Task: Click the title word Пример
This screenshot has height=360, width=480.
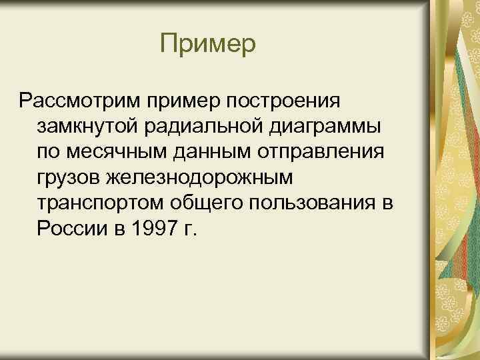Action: pyautogui.click(x=208, y=45)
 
